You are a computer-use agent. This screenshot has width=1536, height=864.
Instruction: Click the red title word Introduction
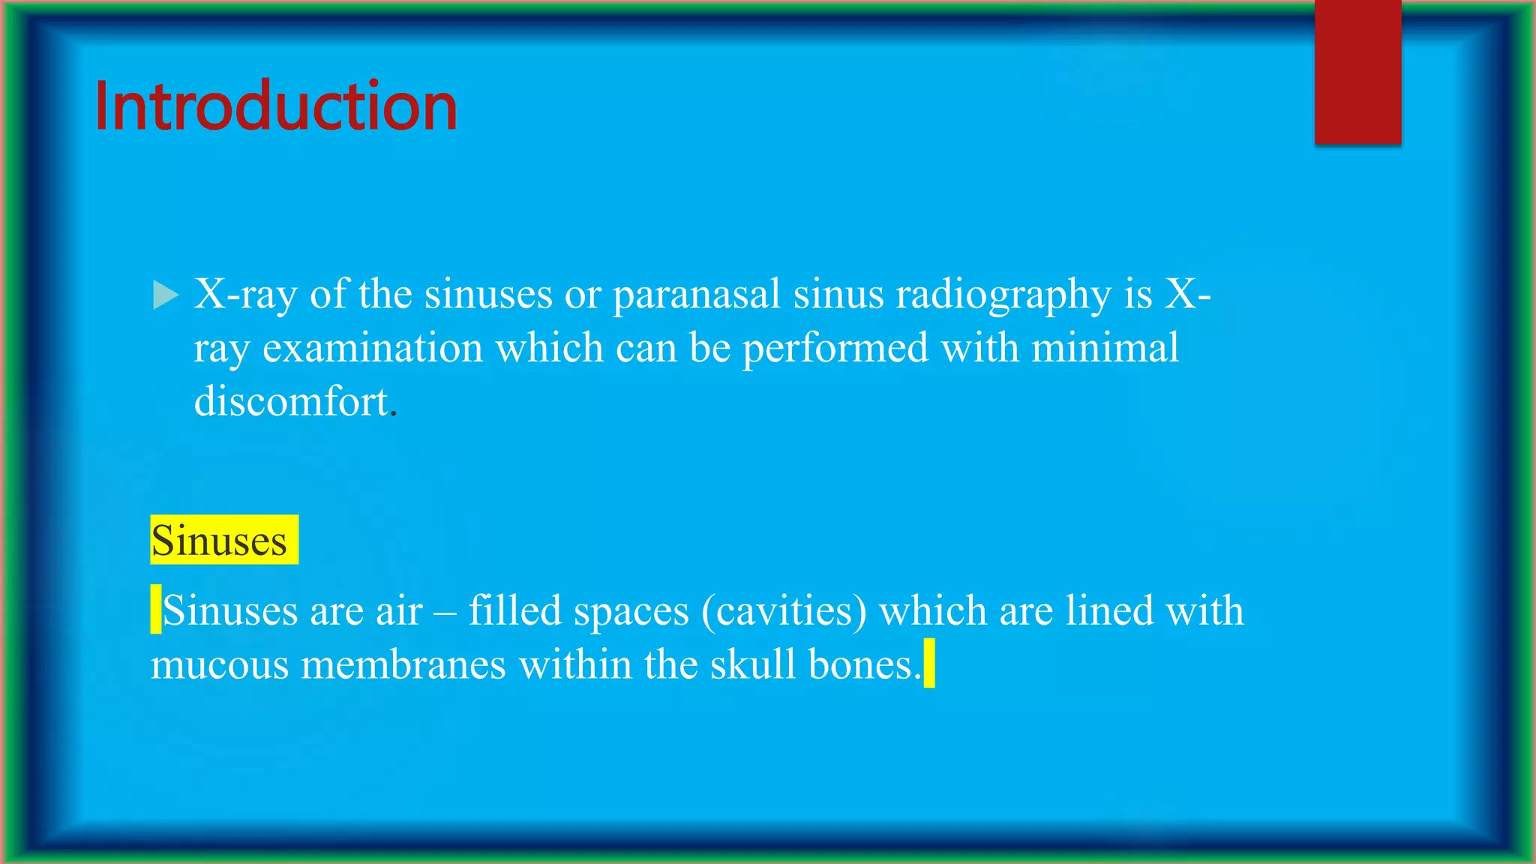click(275, 106)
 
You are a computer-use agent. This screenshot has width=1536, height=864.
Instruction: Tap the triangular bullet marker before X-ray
click(165, 295)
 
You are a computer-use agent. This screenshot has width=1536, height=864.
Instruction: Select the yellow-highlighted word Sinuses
click(219, 540)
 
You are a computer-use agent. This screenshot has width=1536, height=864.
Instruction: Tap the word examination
click(373, 348)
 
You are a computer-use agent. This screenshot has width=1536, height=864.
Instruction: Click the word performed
click(835, 348)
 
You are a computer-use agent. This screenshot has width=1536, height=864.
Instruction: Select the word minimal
click(1105, 348)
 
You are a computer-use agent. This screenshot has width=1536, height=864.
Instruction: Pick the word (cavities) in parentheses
click(784, 610)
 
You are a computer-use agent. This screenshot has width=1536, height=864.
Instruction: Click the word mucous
click(220, 664)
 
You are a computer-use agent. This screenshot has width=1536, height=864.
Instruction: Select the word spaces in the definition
click(631, 611)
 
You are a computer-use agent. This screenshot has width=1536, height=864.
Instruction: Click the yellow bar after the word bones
click(929, 663)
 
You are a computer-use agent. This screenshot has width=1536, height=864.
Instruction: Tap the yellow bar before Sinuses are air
click(156, 609)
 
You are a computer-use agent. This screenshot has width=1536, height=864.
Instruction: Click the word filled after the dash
click(515, 610)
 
